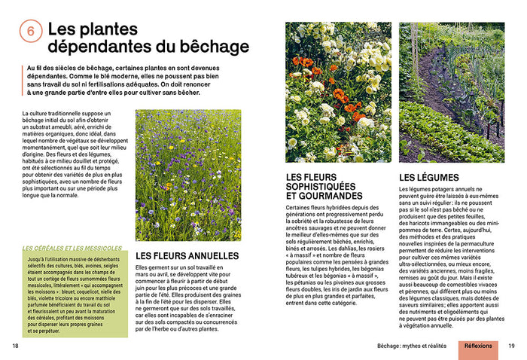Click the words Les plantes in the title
[92, 29]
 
